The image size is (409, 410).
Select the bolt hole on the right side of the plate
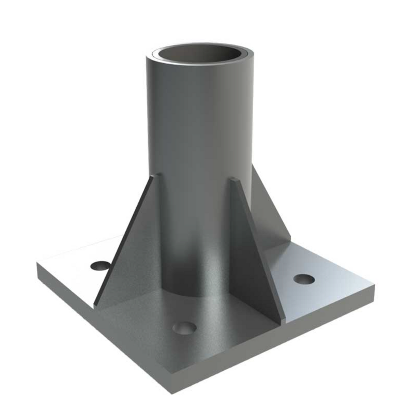click(304, 279)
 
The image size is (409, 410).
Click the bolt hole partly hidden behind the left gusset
click(100, 266)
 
